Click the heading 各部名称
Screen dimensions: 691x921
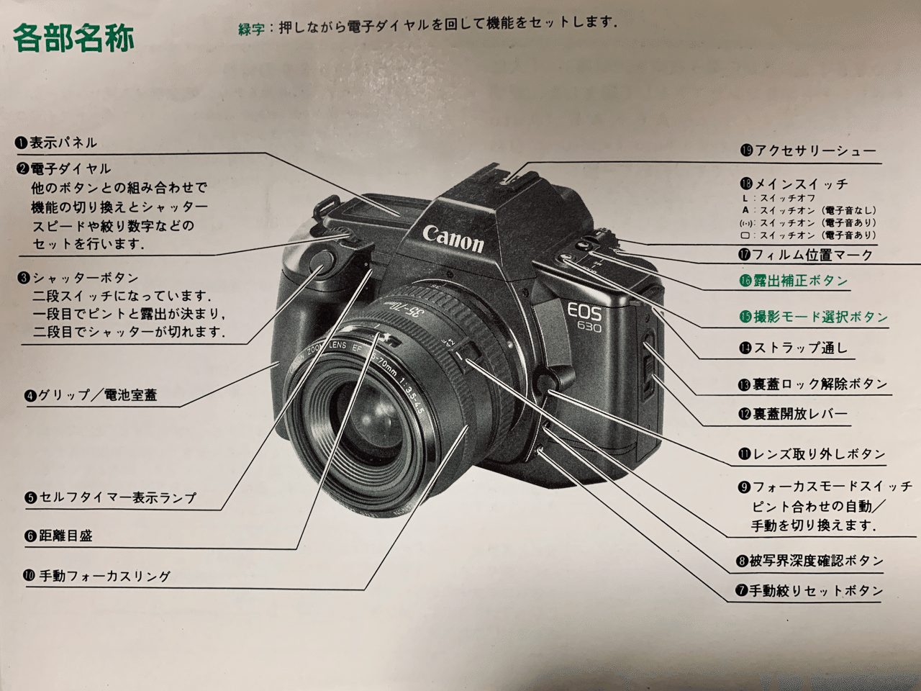[x=74, y=37]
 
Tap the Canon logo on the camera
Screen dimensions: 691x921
[x=453, y=238]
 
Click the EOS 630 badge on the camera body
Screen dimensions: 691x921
[x=584, y=316]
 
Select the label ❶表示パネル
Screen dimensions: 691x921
[x=57, y=143]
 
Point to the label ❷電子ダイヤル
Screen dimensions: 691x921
[x=64, y=168]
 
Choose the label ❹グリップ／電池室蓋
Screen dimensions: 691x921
[x=91, y=395]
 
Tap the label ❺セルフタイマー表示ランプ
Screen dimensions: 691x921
[x=110, y=497]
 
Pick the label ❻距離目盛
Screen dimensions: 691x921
[x=58, y=536]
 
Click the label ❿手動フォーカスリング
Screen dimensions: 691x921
[x=97, y=576]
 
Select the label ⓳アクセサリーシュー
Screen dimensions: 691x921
[x=808, y=150]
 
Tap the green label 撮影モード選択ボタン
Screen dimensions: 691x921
[x=814, y=317]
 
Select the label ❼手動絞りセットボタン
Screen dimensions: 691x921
[x=809, y=591]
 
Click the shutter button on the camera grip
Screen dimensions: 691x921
[x=320, y=263]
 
